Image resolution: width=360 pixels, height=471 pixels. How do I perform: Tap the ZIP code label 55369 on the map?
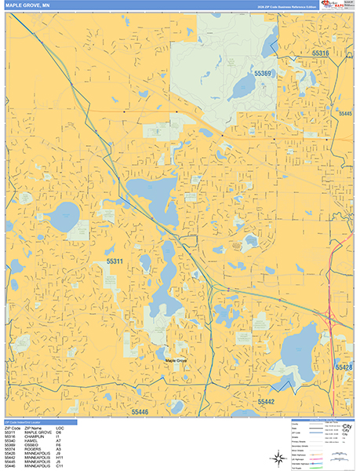coord(263,73)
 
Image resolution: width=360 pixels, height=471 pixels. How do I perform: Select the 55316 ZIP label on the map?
coord(341,53)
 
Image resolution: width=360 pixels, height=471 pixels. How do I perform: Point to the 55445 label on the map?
coord(345,115)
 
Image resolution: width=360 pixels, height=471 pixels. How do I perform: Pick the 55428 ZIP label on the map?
coord(344,367)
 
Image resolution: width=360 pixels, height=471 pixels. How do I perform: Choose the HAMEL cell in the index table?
coord(32,441)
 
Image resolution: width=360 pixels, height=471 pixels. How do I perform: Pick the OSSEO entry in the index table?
coord(32,446)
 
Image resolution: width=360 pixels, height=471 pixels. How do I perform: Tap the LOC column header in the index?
coord(71,428)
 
